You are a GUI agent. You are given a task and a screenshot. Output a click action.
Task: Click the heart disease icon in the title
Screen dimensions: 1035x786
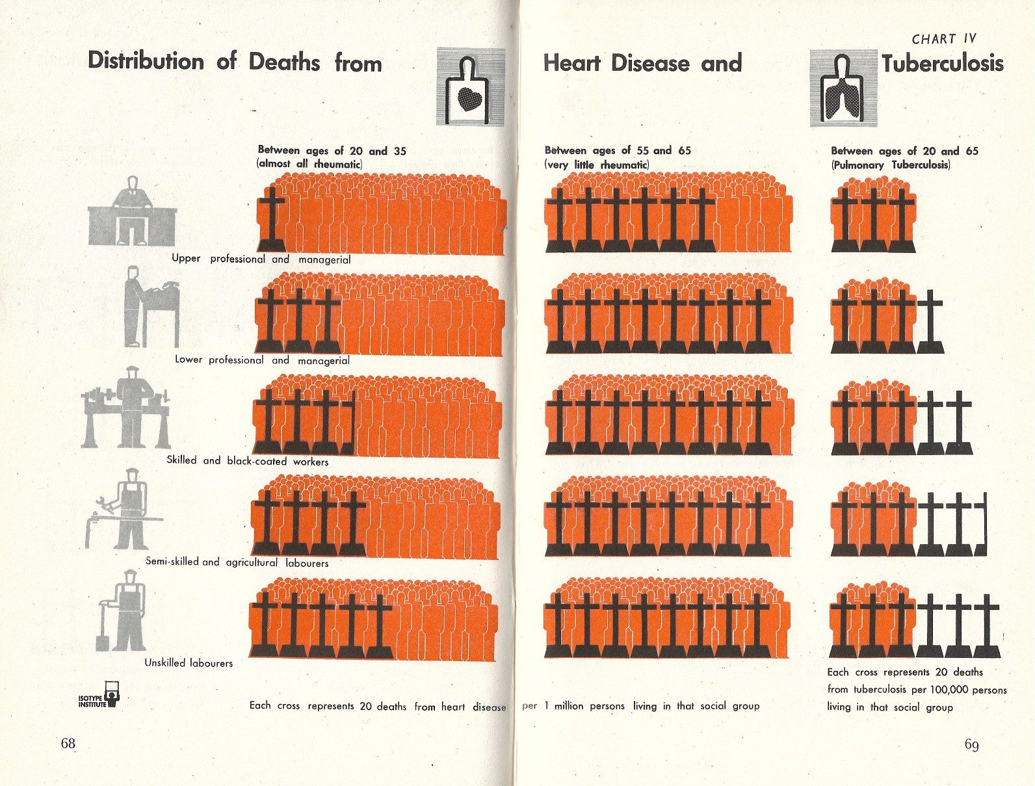tap(471, 86)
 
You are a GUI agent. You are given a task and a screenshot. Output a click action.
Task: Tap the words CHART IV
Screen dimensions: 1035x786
tap(943, 39)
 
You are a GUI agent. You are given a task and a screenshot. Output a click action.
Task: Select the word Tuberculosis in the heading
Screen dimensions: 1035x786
tap(943, 64)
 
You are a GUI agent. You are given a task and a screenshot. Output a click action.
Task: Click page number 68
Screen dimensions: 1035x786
tap(68, 744)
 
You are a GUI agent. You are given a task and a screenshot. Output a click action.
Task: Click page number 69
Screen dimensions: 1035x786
tap(971, 744)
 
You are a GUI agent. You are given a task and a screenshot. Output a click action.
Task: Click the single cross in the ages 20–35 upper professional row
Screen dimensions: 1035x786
tap(270, 218)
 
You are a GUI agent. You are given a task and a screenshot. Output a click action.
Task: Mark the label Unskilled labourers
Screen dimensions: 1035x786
tap(189, 663)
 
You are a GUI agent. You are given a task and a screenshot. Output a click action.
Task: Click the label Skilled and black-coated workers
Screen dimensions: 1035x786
tap(248, 461)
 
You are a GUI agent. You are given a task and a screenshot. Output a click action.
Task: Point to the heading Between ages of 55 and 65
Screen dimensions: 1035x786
tap(618, 150)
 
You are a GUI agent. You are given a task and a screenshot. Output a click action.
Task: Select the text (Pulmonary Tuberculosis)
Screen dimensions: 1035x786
tap(891, 165)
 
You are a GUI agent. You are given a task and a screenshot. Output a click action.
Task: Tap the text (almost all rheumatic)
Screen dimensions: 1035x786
tap(310, 164)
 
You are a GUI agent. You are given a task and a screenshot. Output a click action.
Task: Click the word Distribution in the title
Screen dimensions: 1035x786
tap(146, 62)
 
